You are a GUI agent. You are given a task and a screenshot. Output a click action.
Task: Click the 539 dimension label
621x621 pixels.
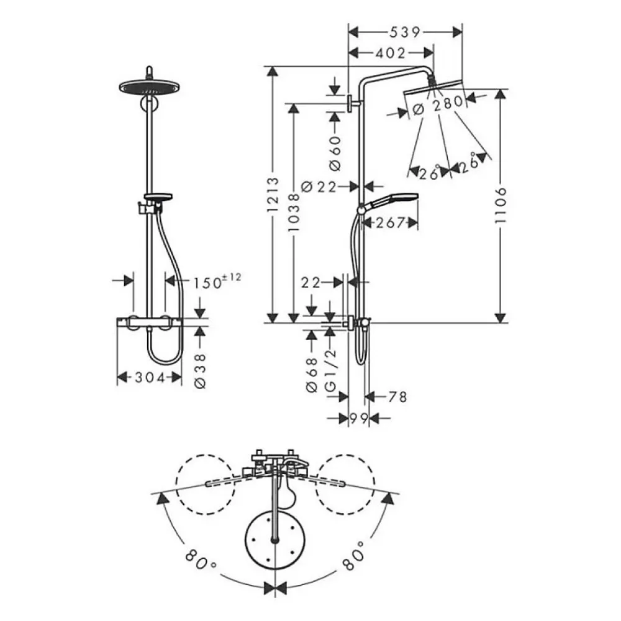[404, 32]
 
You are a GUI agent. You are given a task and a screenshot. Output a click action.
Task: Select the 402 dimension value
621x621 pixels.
[390, 52]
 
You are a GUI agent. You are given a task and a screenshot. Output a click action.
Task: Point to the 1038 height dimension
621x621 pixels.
[293, 212]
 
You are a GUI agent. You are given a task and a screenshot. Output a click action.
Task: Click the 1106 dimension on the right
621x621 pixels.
[501, 205]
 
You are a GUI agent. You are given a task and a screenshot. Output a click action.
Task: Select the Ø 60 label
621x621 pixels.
[335, 153]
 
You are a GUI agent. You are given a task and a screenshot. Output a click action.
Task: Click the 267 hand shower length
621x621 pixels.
[390, 223]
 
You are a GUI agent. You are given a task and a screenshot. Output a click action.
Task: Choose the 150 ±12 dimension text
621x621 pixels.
[217, 281]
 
